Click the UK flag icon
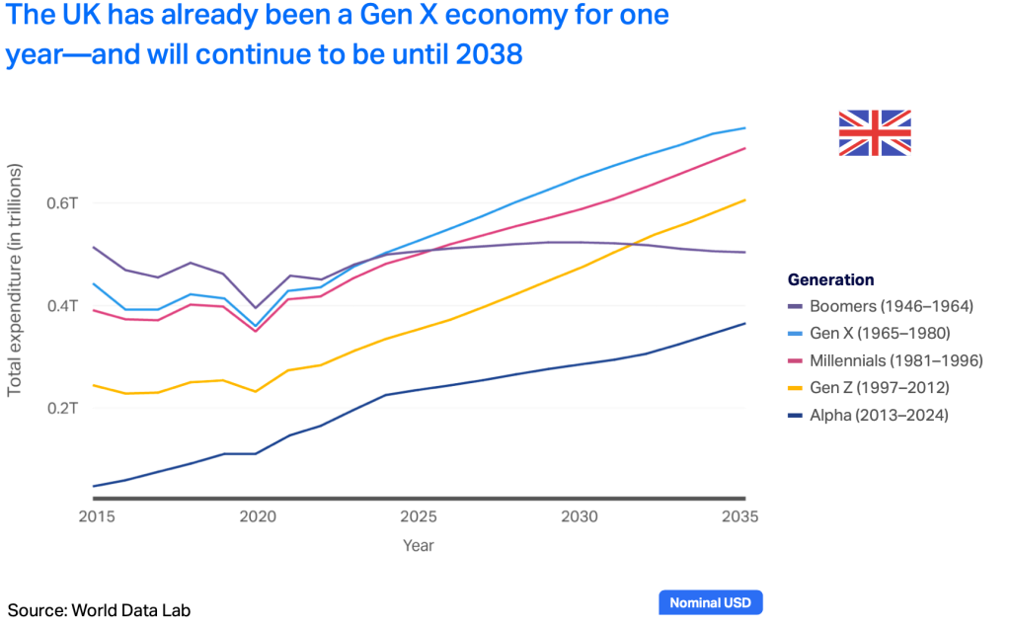pos(874,132)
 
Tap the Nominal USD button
pos(710,602)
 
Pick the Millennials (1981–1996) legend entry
pos(886,360)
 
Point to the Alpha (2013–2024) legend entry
pos(869,416)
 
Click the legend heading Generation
pos(830,279)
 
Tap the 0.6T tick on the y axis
pos(62,203)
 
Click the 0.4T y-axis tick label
pos(62,306)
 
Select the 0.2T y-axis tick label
pos(62,408)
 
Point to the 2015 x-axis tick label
pos(95,516)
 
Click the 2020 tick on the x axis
pos(257,516)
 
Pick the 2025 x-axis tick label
pos(419,516)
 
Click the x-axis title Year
pos(418,545)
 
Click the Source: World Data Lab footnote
pos(99,610)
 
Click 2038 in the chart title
pos(488,54)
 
